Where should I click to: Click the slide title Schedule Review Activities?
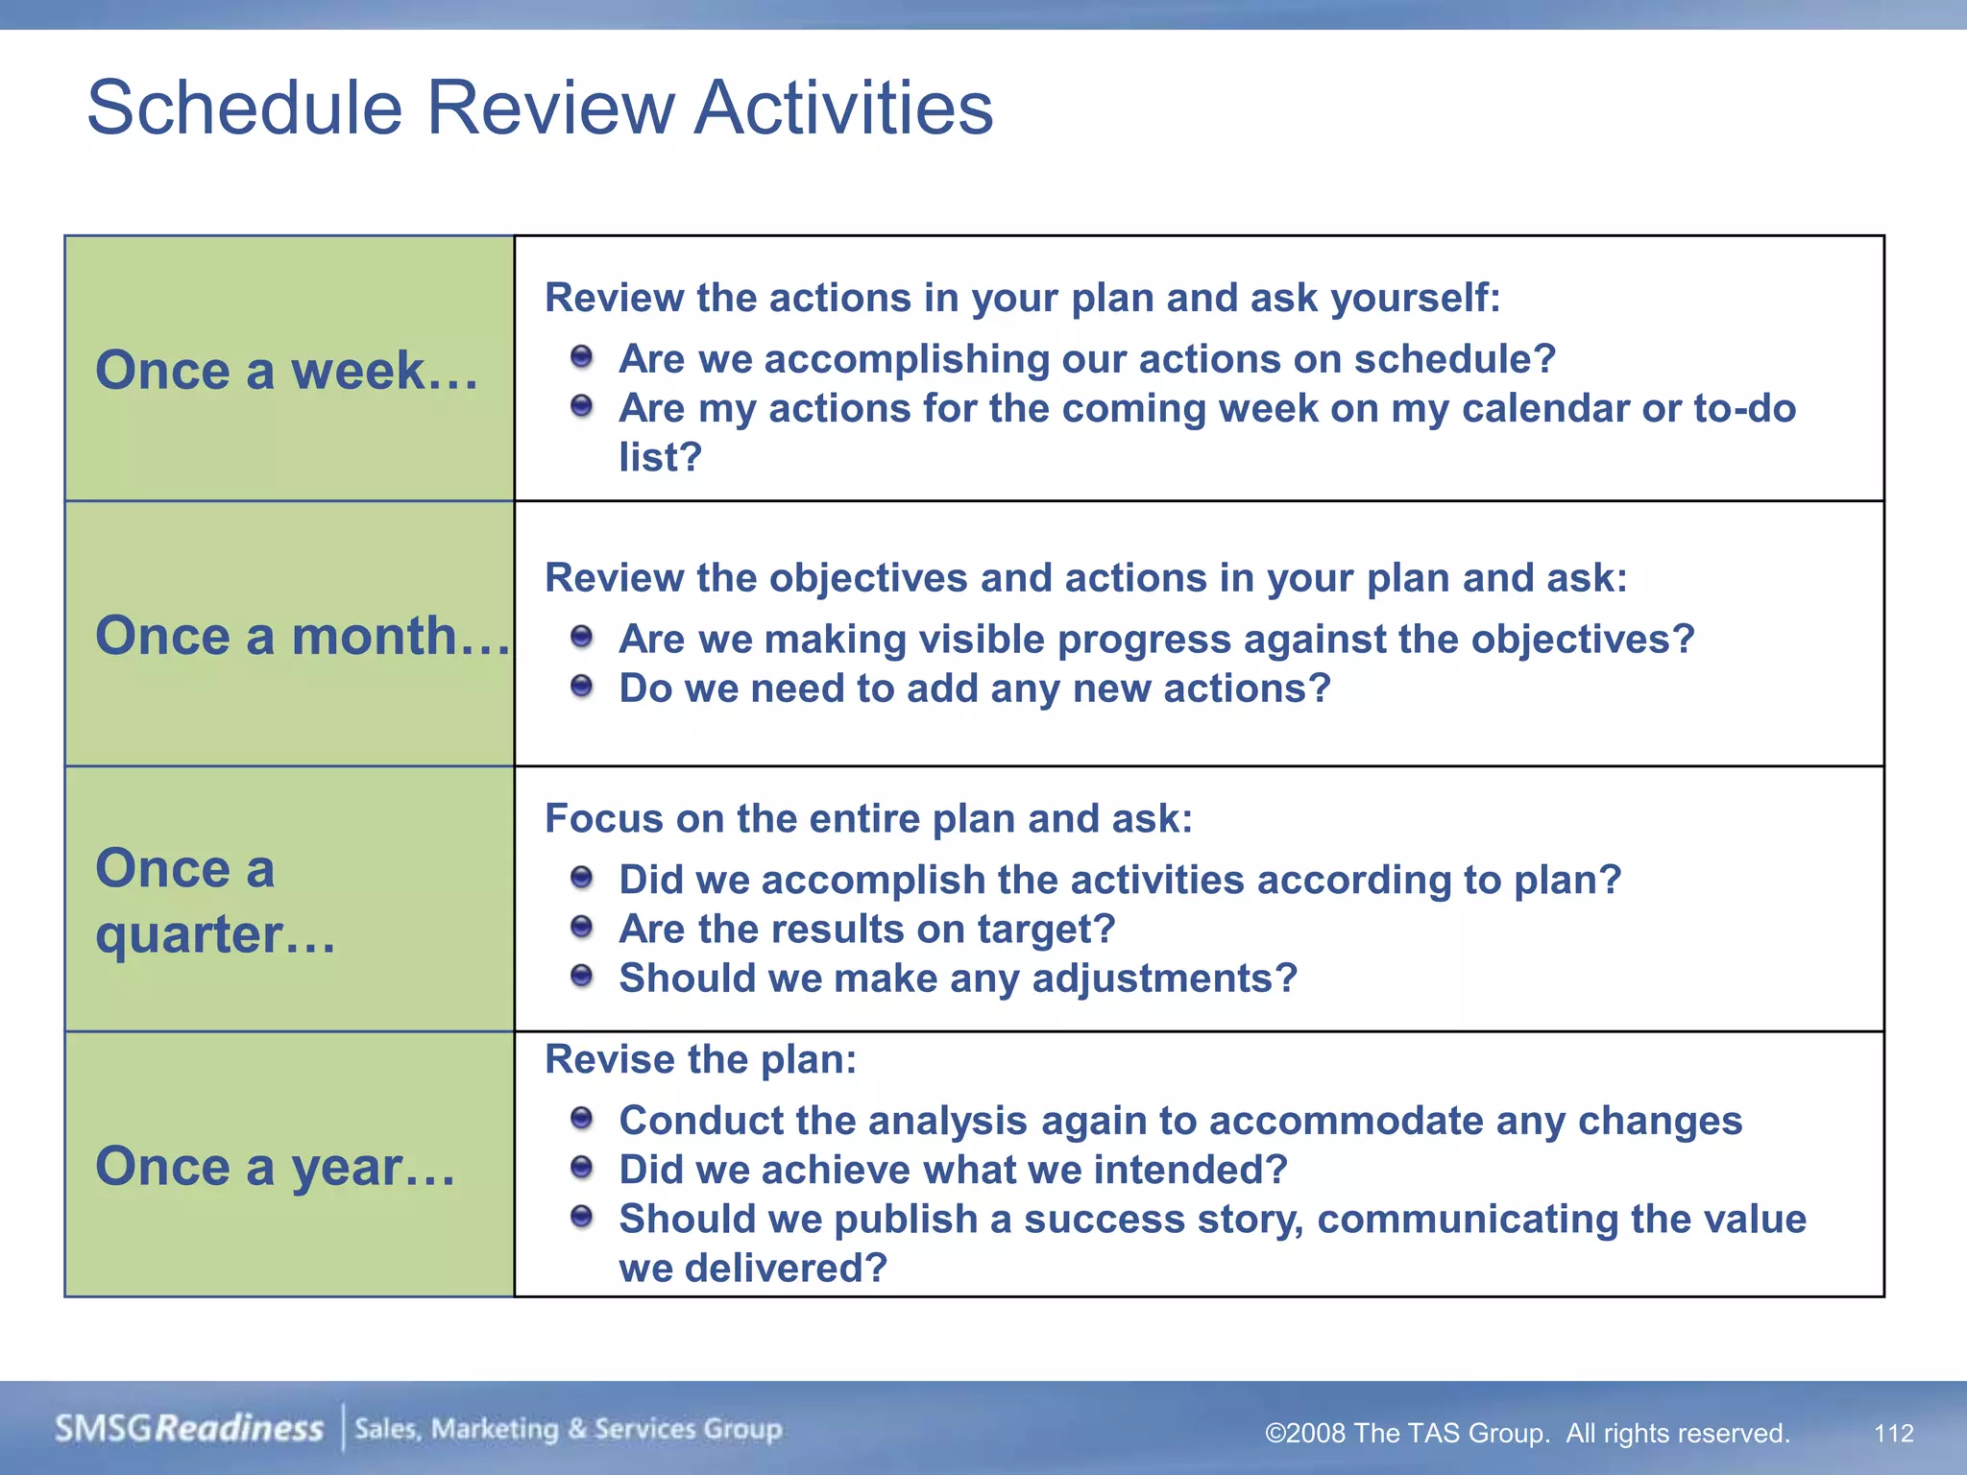pos(540,108)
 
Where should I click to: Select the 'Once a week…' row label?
pos(286,371)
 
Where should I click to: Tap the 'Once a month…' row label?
pos(302,636)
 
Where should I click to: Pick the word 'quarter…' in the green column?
pos(215,934)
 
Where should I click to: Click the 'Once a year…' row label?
pos(276,1167)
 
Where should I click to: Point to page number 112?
pos(1893,1433)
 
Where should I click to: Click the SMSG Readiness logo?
pos(189,1428)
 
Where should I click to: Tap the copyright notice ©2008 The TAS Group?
pos(1526,1433)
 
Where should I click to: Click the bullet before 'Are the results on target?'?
pos(581,928)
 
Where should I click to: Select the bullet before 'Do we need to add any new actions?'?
pos(581,687)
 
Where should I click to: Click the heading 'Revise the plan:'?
pos(700,1059)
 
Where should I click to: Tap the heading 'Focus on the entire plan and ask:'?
pos(868,818)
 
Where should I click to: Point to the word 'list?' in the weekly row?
pos(660,457)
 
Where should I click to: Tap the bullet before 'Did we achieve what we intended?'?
pos(581,1169)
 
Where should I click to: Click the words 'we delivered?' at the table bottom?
pos(752,1268)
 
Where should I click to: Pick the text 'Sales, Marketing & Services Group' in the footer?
pos(569,1429)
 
